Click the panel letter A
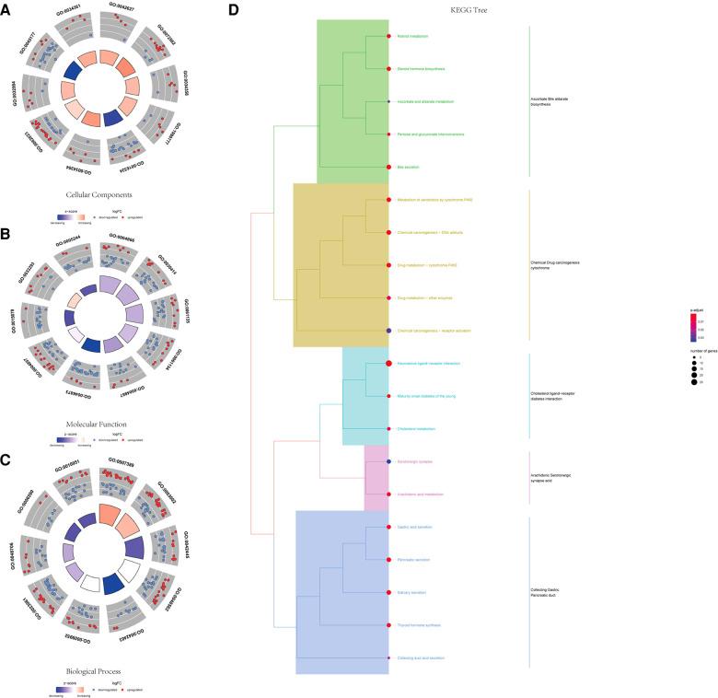6,10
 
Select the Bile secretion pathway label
408,167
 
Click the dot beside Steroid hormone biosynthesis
389,68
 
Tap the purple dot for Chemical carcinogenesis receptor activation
389,330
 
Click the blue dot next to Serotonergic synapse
389,460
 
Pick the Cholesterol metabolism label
416,428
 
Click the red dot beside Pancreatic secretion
389,559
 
